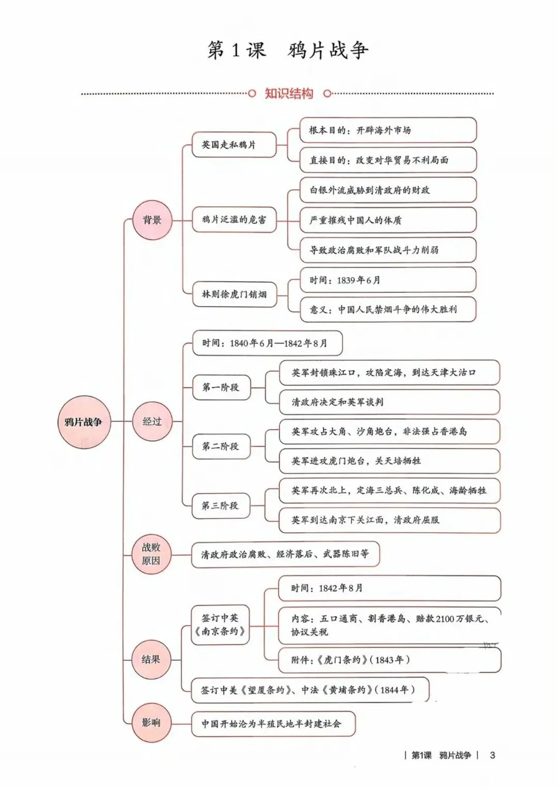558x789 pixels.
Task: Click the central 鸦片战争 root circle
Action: coord(84,422)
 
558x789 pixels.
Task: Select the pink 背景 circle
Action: coord(152,220)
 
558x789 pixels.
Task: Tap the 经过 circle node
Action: coord(152,421)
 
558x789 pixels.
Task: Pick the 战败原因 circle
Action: coord(151,554)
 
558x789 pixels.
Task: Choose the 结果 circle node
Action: coord(151,659)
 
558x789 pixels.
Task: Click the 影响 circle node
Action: coord(151,723)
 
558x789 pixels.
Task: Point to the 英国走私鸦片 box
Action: coord(234,145)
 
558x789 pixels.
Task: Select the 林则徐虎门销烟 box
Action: coord(234,294)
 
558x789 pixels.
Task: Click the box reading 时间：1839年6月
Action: coord(388,280)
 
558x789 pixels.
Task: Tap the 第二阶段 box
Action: coord(222,446)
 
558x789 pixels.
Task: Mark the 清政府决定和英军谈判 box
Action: coord(389,402)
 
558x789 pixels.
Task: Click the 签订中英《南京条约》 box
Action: coord(220,625)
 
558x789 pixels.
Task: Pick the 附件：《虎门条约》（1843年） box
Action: coord(390,660)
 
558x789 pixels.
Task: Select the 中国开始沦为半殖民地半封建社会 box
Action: coord(273,724)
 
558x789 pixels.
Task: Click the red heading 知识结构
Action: coord(289,94)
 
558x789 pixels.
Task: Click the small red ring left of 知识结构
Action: coord(252,94)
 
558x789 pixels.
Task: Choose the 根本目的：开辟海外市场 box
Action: coord(388,130)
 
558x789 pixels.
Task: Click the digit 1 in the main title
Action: coord(235,50)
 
